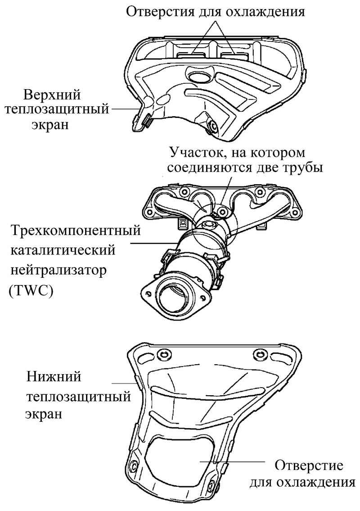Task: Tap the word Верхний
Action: pyautogui.click(x=52, y=95)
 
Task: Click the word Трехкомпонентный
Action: pyautogui.click(x=76, y=231)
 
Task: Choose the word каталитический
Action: pyautogui.click(x=63, y=251)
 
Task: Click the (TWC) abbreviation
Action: pyautogui.click(x=31, y=290)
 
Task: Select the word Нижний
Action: pyautogui.click(x=54, y=377)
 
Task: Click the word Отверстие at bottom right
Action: pyautogui.click(x=309, y=465)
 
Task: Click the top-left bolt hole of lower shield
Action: pyautogui.click(x=162, y=355)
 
